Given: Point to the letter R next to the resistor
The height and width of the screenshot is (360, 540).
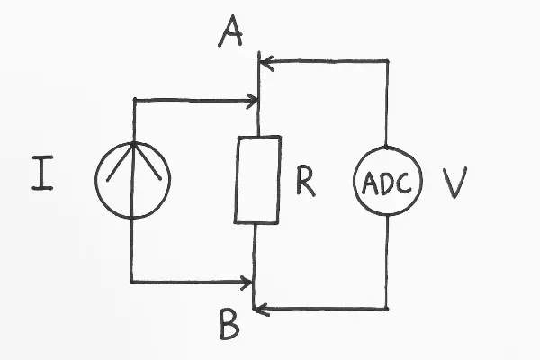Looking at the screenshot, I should [305, 183].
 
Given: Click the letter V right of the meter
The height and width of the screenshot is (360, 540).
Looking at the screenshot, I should [454, 183].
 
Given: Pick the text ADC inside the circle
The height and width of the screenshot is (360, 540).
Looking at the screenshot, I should [387, 183].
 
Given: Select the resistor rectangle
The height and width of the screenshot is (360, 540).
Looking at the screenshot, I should [257, 179].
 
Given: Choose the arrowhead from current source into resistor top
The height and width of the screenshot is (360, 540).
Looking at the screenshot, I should [254, 101].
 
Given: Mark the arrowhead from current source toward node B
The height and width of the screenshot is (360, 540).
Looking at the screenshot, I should [247, 283].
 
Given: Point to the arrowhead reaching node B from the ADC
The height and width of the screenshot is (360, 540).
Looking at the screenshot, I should [260, 310].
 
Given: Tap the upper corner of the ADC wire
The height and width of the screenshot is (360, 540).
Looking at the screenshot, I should [388, 61].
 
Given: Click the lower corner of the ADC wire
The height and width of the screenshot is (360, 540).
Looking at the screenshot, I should [388, 309].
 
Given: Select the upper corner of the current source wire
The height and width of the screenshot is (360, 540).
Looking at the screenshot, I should [133, 100].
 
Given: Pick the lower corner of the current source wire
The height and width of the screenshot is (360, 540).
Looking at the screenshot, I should [132, 282].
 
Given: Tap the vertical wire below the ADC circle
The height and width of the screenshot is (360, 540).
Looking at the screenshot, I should [388, 261].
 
